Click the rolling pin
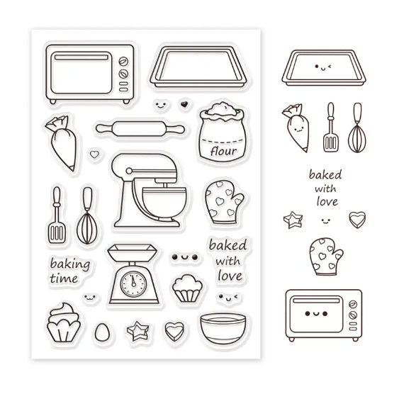(140, 128)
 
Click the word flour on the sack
(223, 151)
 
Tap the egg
(102, 332)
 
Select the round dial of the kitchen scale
(133, 284)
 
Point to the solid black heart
(184, 104)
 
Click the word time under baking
(64, 278)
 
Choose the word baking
(70, 264)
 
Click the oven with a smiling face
(324, 315)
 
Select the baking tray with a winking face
(324, 68)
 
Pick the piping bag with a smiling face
(296, 128)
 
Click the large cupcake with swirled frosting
(64, 322)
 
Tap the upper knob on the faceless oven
(123, 62)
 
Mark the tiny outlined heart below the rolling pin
(94, 154)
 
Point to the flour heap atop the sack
(222, 109)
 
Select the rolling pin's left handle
(104, 128)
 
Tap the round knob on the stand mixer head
(128, 171)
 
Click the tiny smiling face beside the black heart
(160, 105)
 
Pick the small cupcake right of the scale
(187, 288)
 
